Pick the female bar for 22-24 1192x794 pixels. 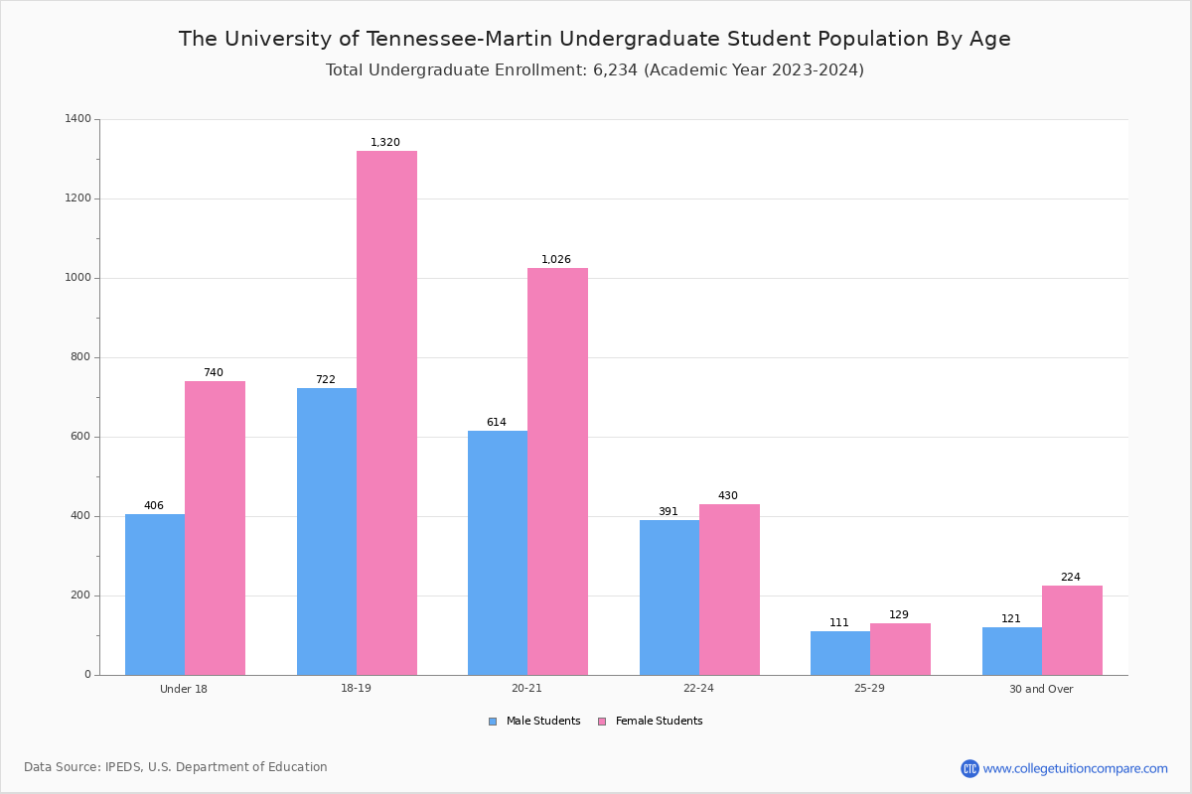click(729, 590)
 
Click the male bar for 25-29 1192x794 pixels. click(840, 653)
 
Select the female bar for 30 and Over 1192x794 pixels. click(1072, 630)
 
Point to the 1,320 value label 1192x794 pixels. click(385, 143)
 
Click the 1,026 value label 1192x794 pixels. click(556, 260)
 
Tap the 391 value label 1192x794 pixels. click(669, 512)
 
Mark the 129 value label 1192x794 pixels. click(899, 615)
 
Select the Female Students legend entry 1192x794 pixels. click(651, 722)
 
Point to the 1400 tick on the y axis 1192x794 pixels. click(77, 119)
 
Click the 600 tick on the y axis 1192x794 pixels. click(80, 437)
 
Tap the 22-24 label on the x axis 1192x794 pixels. click(698, 689)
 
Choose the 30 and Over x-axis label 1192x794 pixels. click(1041, 689)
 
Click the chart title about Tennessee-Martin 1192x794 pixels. click(595, 39)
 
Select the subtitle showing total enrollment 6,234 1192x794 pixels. click(595, 70)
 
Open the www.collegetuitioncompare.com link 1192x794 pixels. click(1075, 768)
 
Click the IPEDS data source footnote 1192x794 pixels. click(176, 767)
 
